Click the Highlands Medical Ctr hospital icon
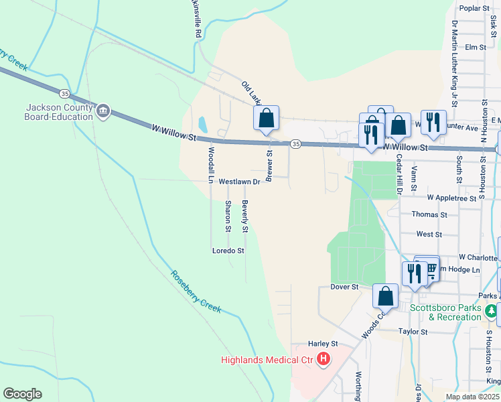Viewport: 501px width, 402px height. pos(324,360)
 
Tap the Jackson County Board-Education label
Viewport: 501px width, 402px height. pos(59,112)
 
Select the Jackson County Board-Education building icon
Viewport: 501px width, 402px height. pos(103,111)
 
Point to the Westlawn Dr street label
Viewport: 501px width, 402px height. pos(238,181)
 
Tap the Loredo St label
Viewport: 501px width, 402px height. pos(228,251)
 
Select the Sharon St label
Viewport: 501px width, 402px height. pos(228,216)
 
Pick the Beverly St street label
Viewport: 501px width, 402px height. pos(246,216)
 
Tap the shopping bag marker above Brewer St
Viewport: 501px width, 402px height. pos(266,118)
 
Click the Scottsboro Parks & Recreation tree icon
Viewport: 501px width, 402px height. pos(492,312)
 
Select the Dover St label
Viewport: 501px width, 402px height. pos(345,287)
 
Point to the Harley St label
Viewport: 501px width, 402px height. pos(321,344)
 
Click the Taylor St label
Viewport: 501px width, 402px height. pos(413,332)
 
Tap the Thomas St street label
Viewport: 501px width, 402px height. pos(429,214)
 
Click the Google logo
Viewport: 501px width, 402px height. pos(22,394)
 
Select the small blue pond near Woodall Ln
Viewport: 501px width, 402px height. pos(202,124)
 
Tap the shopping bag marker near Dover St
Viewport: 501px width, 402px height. pos(386,295)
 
